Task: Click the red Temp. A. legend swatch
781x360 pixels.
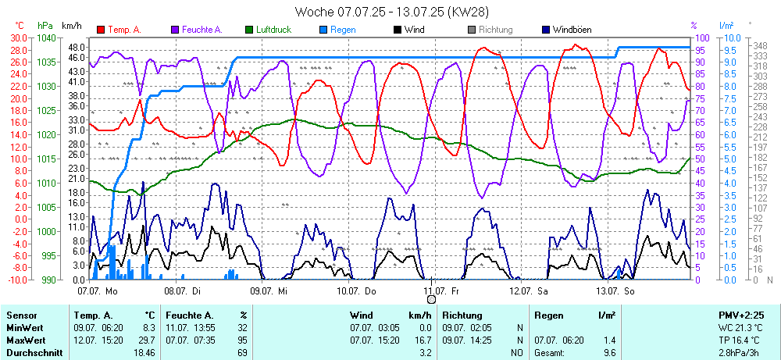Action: [x=101, y=30]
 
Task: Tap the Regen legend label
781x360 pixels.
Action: [x=343, y=30]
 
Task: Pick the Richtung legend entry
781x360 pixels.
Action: [x=495, y=30]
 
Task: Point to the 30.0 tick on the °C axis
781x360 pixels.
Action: [x=17, y=37]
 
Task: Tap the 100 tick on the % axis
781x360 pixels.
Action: [x=702, y=37]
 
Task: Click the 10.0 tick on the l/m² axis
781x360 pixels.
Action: [x=733, y=37]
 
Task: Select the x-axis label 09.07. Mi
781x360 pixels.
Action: [x=269, y=290]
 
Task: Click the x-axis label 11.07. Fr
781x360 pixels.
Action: [x=442, y=290]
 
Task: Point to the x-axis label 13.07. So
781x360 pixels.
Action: [x=615, y=290]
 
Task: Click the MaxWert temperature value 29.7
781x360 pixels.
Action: [x=148, y=341]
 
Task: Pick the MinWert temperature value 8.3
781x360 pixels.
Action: [x=149, y=328]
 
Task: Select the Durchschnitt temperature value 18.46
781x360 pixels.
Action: [x=144, y=354]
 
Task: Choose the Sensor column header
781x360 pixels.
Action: [x=21, y=315]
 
